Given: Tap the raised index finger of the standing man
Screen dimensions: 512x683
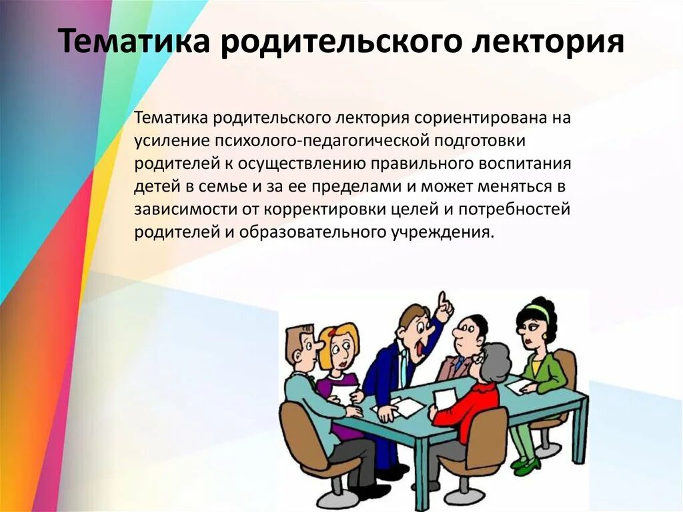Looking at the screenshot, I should click(441, 298).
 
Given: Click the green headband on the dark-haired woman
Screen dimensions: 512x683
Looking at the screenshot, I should click(538, 312).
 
